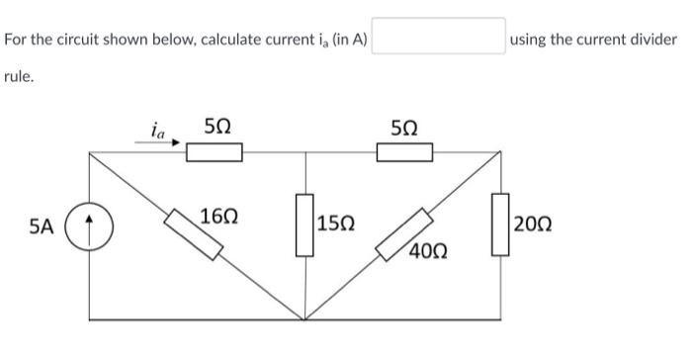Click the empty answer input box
click(439, 38)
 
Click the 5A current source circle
click(90, 228)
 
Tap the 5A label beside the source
click(42, 227)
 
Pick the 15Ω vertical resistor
click(304, 226)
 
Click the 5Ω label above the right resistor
click(404, 128)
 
